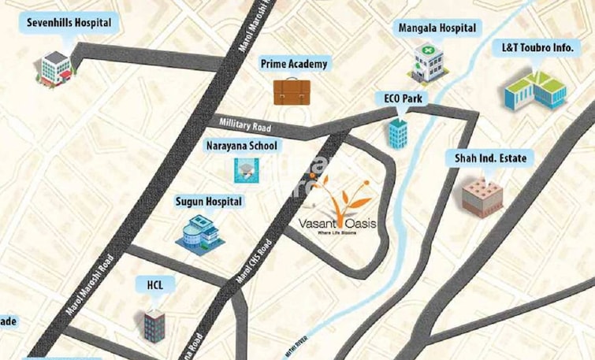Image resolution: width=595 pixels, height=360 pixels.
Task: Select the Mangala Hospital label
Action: coord(437,28)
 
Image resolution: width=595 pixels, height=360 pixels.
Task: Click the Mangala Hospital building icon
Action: coord(430,62)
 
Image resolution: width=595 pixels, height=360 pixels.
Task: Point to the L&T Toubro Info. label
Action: coord(537,47)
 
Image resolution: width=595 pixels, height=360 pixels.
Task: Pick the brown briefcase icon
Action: coord(292,91)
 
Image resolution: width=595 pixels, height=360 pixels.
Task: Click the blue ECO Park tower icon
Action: coord(398,132)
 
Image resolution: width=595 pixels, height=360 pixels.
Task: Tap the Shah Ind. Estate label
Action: coord(489,158)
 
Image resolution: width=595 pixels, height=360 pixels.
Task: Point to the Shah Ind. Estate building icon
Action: coord(482,196)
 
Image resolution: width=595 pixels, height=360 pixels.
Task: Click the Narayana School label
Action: coord(242,146)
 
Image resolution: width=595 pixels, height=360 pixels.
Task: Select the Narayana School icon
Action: coord(244,169)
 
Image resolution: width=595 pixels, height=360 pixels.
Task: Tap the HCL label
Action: coord(154,283)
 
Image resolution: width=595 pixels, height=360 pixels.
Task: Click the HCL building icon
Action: coord(155,323)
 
